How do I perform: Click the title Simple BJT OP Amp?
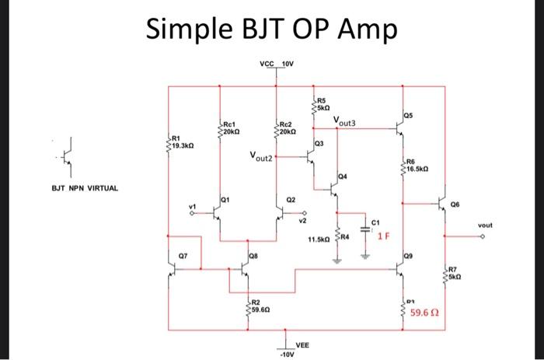click(x=272, y=30)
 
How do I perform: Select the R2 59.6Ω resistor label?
click(x=259, y=306)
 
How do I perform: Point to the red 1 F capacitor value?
click(x=386, y=236)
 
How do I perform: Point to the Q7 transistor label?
click(x=183, y=254)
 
